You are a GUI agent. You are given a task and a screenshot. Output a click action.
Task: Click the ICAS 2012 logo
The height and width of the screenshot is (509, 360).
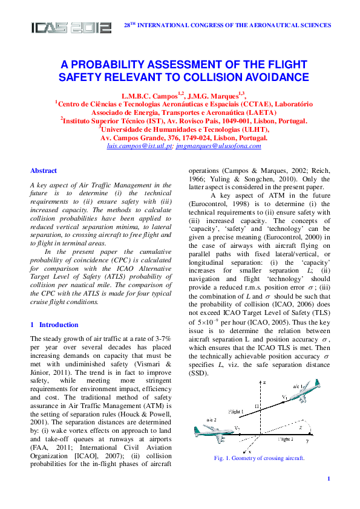(71, 27)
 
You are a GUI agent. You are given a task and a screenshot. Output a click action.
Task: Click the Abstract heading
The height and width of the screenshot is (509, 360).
(44, 171)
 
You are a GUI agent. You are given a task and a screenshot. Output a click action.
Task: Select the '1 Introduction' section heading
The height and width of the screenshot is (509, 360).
(54, 325)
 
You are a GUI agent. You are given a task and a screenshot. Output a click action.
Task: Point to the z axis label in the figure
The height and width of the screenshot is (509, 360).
(264, 383)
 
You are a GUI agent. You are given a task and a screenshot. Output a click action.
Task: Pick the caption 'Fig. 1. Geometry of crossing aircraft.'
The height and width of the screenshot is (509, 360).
(259, 458)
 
